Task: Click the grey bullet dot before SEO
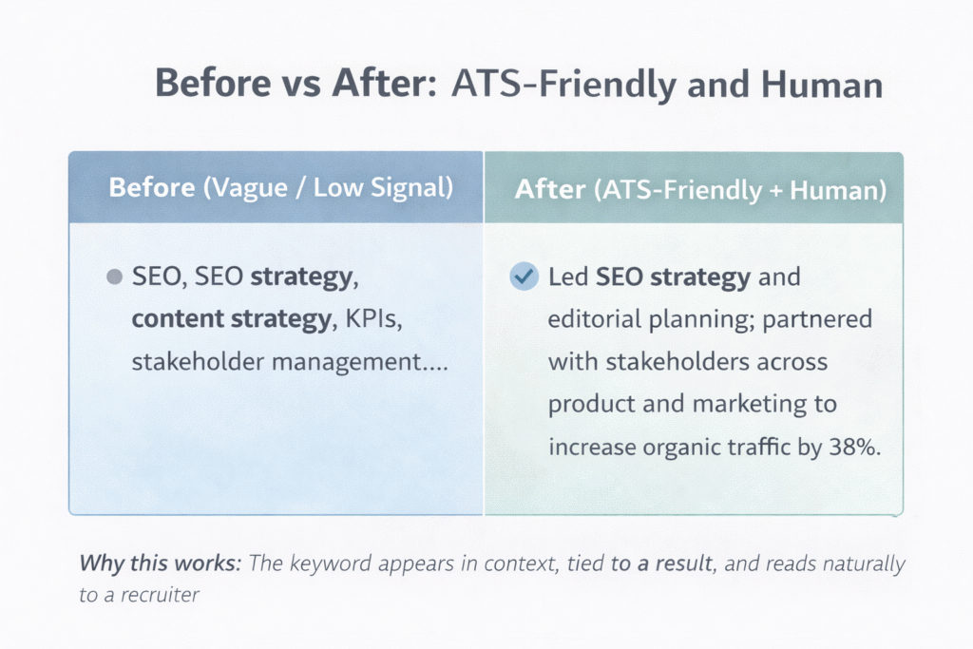(115, 277)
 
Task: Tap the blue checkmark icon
(523, 277)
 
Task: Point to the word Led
(569, 277)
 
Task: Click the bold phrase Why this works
(160, 563)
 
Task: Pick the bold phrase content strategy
(230, 319)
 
